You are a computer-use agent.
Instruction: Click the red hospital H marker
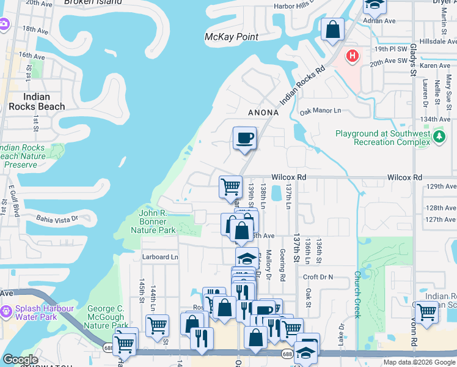pyautogui.click(x=352, y=57)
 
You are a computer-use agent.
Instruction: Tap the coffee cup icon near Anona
pyautogui.click(x=244, y=138)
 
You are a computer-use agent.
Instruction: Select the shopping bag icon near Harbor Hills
pyautogui.click(x=332, y=29)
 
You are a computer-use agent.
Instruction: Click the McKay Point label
pyautogui.click(x=231, y=37)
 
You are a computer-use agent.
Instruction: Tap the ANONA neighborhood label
pyautogui.click(x=263, y=113)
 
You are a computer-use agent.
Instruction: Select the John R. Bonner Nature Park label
pyautogui.click(x=153, y=221)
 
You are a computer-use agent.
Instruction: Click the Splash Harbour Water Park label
pyautogui.click(x=37, y=313)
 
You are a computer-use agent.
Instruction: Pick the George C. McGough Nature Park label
pyautogui.click(x=106, y=317)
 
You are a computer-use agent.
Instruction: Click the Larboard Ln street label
pyautogui.click(x=160, y=257)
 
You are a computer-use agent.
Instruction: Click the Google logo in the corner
pyautogui.click(x=20, y=360)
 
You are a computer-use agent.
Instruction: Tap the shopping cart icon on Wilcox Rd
pyautogui.click(x=230, y=187)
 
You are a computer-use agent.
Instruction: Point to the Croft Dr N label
pyautogui.click(x=318, y=277)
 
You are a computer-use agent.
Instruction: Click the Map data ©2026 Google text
pyautogui.click(x=419, y=362)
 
